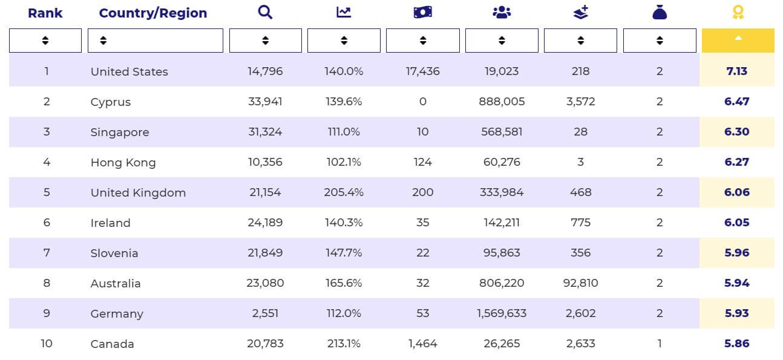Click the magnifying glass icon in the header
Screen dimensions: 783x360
tap(265, 12)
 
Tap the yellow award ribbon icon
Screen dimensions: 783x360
tap(738, 12)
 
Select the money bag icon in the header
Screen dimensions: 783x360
tap(660, 12)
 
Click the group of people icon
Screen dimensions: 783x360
tap(502, 12)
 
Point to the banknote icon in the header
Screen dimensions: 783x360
tap(422, 12)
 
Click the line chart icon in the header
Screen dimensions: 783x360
tap(344, 12)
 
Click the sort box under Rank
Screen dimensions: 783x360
tap(45, 41)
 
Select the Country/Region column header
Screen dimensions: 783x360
tap(153, 13)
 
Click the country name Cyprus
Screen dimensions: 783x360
tap(111, 102)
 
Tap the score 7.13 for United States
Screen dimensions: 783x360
tap(737, 71)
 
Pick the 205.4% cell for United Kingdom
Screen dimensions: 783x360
tap(344, 192)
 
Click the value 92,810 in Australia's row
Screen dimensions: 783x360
tap(581, 283)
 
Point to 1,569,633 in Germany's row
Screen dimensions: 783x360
tap(502, 313)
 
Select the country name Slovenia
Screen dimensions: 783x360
tap(114, 253)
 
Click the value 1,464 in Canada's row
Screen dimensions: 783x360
tap(422, 344)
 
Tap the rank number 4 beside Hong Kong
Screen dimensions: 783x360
tap(47, 162)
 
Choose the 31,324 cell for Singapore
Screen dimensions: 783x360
tap(265, 132)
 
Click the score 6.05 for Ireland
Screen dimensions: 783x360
tap(737, 223)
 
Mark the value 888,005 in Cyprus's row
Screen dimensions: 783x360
tap(502, 102)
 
